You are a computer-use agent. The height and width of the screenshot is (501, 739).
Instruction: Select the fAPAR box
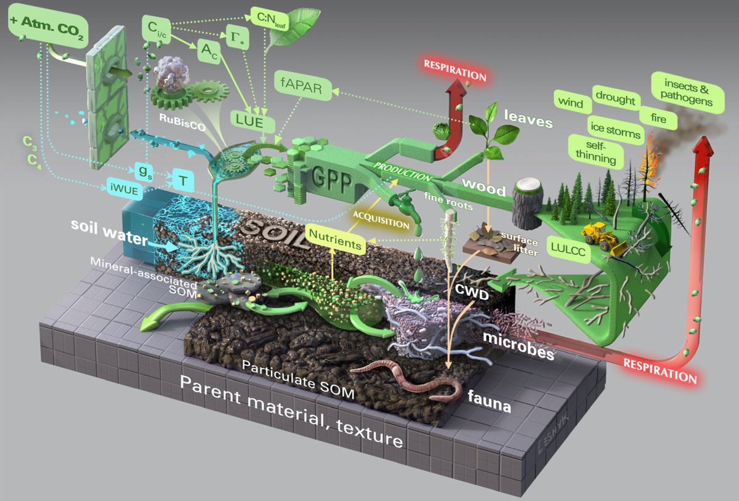(303, 87)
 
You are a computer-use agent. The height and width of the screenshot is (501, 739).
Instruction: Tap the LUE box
(254, 121)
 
